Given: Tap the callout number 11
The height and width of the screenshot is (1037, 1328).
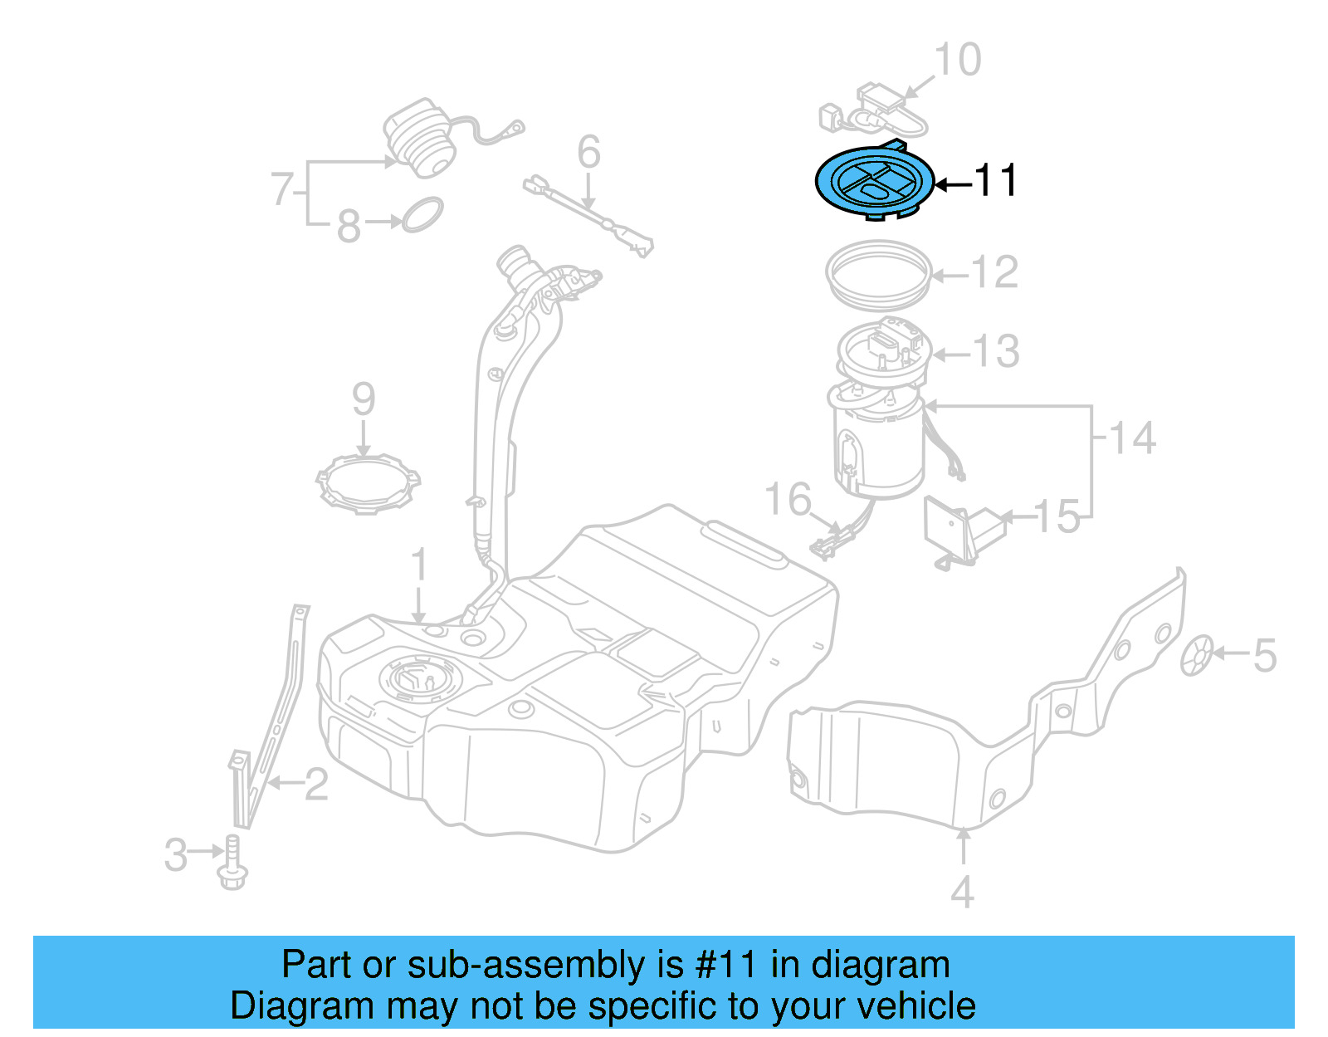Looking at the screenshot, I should tap(995, 181).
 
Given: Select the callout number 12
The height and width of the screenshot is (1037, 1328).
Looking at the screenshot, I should tap(994, 272).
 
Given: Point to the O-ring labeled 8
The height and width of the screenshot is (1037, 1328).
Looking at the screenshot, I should tap(422, 215).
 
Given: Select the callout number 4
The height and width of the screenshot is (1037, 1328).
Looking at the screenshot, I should tap(962, 893).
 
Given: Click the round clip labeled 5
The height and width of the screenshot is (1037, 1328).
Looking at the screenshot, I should tap(1197, 655).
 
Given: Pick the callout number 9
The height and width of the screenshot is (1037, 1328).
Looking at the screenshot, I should tap(364, 400).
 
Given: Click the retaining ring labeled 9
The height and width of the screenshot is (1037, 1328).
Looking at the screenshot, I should tap(368, 483).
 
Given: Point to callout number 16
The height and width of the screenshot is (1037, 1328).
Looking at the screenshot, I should tap(787, 500).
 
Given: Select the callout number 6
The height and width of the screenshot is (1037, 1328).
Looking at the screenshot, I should tap(588, 153).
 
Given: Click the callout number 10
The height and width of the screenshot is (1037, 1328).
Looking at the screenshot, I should tap(957, 60).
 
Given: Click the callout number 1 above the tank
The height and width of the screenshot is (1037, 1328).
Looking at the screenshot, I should tap(419, 565).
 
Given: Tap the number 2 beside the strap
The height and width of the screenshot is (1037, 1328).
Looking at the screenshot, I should tap(316, 785).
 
